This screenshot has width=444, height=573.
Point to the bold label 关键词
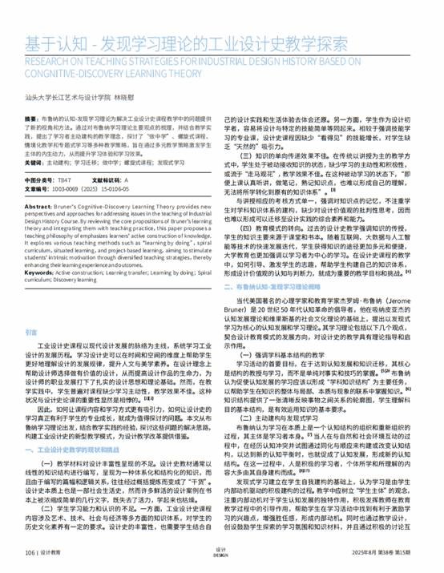(x=34, y=161)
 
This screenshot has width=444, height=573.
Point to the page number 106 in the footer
(x=30, y=553)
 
